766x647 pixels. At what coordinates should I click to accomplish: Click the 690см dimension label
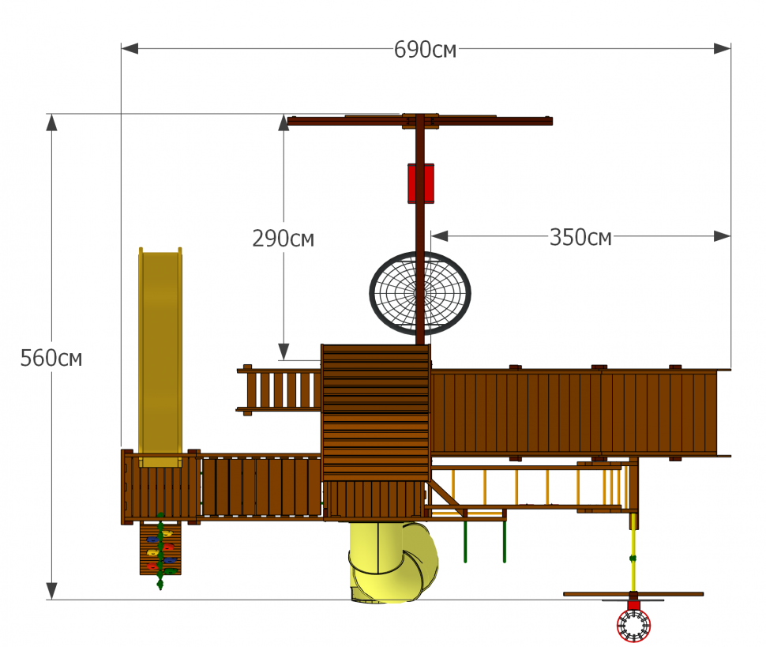tap(425, 50)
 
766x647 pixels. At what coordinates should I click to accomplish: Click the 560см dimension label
tap(51, 358)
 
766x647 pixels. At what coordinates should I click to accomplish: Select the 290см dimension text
tap(283, 239)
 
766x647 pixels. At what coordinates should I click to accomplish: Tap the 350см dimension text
tap(580, 238)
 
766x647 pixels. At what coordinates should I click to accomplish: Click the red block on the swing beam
tap(421, 183)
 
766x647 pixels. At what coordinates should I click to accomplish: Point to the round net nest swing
tap(420, 293)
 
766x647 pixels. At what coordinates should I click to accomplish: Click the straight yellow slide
tap(160, 357)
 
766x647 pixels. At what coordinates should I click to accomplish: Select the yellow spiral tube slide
tap(393, 562)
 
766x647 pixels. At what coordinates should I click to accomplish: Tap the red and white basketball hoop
tap(633, 625)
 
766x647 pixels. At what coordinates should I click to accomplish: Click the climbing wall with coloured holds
tap(160, 548)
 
